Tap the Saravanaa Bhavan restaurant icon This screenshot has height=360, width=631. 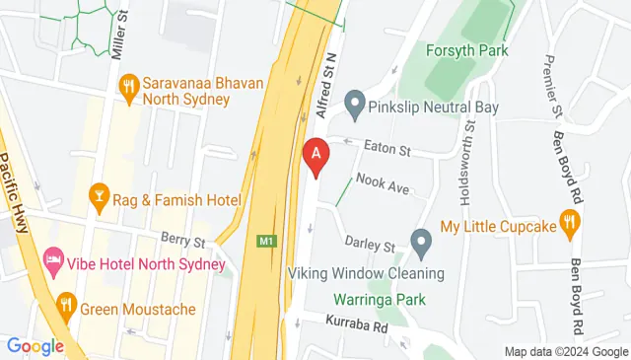click(x=128, y=87)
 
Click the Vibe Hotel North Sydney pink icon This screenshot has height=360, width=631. click(x=52, y=263)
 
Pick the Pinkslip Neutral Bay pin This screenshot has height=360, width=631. click(x=355, y=103)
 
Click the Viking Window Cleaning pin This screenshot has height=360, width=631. click(x=421, y=241)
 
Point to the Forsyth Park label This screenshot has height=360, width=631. click(x=465, y=50)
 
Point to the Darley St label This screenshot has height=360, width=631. click(x=370, y=243)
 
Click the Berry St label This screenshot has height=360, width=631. click(x=183, y=241)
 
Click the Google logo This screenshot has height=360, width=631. click(x=35, y=345)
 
